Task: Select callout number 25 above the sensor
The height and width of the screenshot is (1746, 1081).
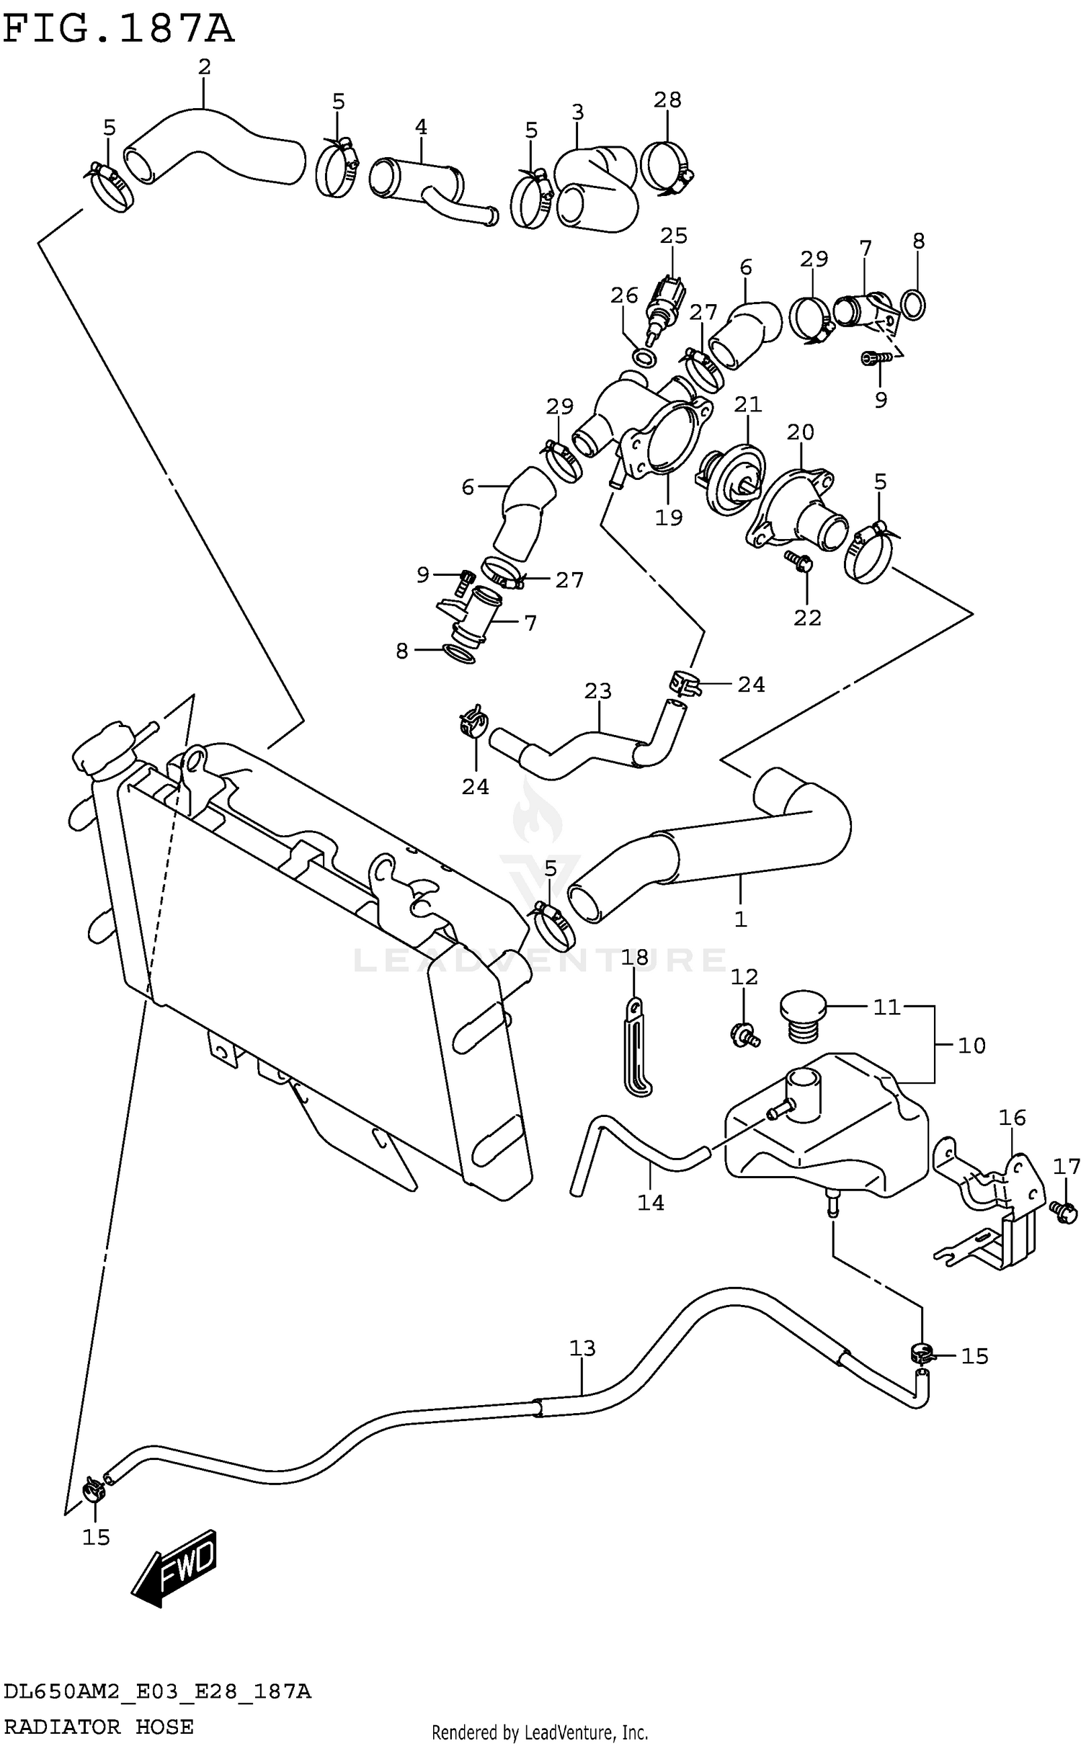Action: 673,236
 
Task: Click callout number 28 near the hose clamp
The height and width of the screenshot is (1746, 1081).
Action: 667,100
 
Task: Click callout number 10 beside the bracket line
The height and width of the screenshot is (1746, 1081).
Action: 971,1045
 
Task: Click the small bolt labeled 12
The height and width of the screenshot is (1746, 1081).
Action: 743,1038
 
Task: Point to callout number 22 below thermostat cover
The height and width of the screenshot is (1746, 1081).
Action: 807,618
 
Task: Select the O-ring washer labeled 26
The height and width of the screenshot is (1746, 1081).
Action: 644,358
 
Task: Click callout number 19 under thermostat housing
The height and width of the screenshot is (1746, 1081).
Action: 668,517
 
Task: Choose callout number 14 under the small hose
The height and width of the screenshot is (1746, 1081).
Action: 650,1203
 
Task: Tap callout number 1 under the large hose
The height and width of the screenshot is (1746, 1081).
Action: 740,919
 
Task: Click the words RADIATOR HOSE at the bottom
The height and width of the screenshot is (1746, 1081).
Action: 99,1727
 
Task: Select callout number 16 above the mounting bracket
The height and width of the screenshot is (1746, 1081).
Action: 1012,1118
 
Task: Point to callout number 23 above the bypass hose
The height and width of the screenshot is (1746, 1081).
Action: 597,691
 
